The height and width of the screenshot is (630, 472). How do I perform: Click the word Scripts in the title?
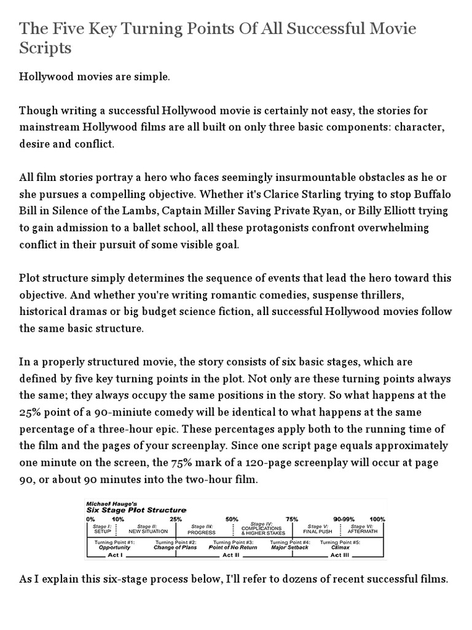[45, 48]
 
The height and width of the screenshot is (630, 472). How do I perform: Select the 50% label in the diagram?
[232, 519]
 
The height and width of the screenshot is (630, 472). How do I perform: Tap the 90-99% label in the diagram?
[345, 519]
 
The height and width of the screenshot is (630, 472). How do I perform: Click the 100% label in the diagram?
[377, 519]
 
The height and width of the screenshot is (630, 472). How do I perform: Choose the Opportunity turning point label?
[115, 548]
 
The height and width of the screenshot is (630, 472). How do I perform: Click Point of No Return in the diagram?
[233, 548]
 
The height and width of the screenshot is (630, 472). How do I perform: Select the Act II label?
[229, 555]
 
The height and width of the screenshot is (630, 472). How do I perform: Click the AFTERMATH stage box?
[363, 530]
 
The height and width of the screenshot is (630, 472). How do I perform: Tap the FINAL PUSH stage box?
[318, 530]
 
